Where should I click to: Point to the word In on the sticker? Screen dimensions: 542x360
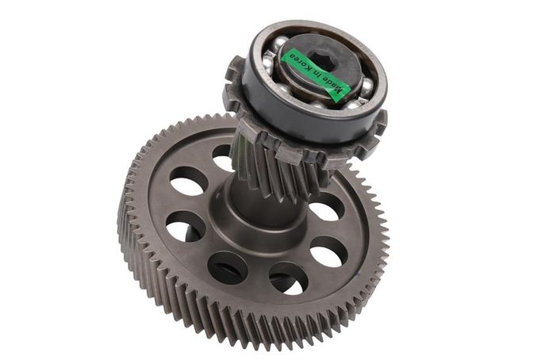[x=317, y=74]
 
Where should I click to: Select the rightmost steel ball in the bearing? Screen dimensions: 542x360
[x=366, y=86]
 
